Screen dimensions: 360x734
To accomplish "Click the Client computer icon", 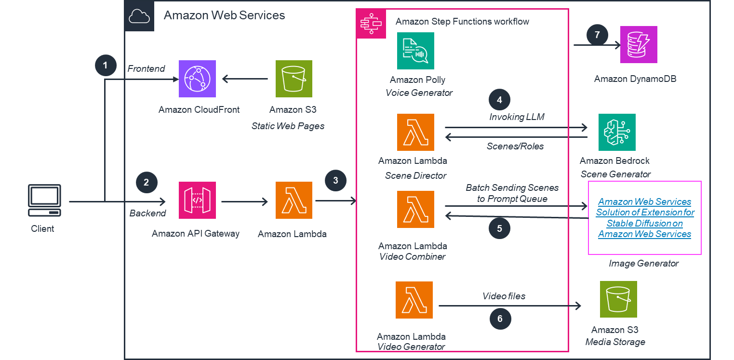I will click(44, 200).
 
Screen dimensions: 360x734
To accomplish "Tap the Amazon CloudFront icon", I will click(198, 79).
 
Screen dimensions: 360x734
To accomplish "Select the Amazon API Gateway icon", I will click(197, 200).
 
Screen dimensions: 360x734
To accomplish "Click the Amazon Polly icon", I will click(415, 51).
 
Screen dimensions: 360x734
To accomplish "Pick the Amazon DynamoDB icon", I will click(639, 45).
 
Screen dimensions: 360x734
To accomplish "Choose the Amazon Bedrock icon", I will click(617, 133).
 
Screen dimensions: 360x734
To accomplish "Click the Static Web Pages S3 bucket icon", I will click(294, 79).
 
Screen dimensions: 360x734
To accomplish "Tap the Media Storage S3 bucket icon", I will click(618, 299).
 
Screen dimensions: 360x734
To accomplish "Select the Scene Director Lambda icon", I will click(415, 133).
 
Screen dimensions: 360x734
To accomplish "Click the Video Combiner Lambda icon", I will click(415, 210).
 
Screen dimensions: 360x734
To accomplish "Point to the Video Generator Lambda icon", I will click(414, 300).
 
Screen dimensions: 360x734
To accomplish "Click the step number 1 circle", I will click(106, 65).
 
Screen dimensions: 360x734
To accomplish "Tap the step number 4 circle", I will click(499, 100).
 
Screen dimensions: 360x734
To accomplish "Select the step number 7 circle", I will click(597, 35).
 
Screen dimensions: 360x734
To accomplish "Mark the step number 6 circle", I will click(500, 319).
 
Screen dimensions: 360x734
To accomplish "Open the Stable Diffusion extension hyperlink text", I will click(645, 218).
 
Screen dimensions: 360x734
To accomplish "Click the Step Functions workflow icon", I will click(371, 23).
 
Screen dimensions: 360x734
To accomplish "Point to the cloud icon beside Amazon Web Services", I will click(139, 16).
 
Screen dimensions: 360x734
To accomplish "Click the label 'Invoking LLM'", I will click(517, 117).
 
